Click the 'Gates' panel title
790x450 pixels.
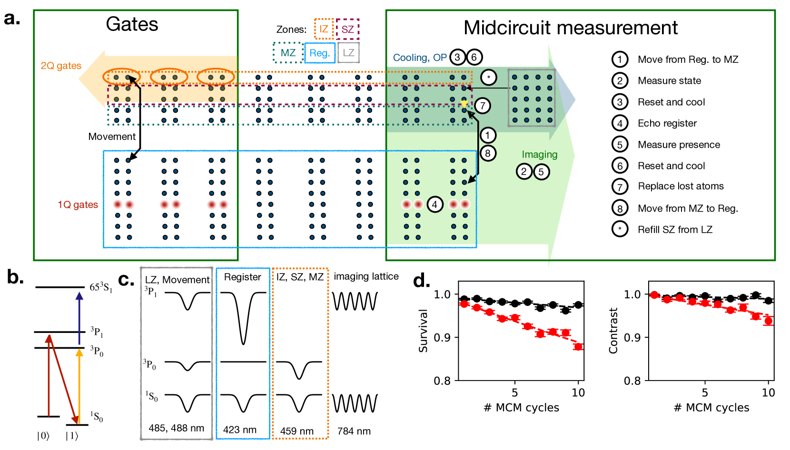132,24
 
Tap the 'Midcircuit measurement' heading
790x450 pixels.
570,28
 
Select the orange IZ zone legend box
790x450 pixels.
324,29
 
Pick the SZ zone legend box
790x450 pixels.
347,29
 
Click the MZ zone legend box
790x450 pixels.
288,53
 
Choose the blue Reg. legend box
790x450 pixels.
320,53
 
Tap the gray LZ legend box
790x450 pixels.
349,53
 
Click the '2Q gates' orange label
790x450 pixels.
61,66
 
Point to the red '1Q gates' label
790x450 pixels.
78,205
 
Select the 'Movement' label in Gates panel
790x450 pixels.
112,137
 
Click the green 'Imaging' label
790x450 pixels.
539,155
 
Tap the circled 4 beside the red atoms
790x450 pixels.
434,205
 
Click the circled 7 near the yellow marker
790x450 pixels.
482,106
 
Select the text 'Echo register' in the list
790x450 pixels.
667,123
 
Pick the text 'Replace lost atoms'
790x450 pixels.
681,186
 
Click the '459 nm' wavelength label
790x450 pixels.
296,431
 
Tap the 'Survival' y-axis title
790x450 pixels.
423,331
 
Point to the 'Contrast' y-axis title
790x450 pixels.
613,331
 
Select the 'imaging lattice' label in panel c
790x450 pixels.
366,276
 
